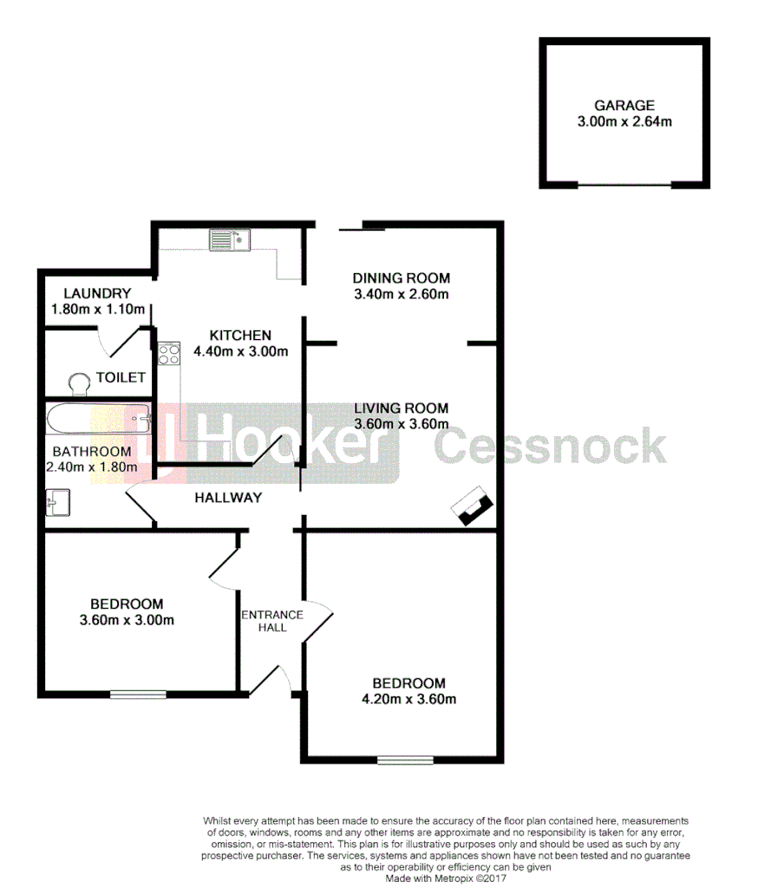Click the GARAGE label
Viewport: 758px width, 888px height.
coord(624,106)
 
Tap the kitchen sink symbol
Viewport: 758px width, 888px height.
coord(229,239)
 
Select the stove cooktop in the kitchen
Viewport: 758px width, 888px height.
coord(168,353)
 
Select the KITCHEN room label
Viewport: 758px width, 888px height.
coord(240,336)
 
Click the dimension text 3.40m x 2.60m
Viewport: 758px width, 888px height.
coord(401,294)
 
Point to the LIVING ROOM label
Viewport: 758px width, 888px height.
coord(401,408)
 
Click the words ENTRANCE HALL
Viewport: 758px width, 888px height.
coord(272,621)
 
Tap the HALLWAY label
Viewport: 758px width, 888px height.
coord(228,498)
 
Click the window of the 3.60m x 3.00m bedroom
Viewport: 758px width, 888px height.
coord(138,693)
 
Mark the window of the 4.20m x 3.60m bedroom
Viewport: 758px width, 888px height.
coord(405,761)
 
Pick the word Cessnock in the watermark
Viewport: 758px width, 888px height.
coord(550,446)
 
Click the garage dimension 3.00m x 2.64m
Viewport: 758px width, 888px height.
coord(624,122)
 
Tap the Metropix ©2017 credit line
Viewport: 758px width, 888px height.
coord(446,878)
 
